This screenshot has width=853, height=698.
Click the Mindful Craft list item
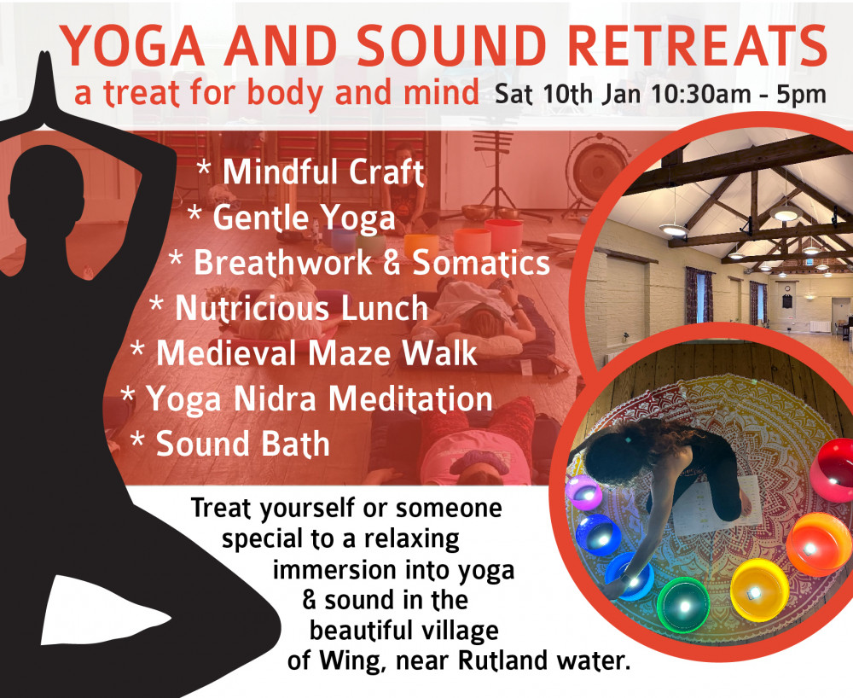[x=322, y=172]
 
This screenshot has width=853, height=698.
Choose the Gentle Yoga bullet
[x=304, y=218]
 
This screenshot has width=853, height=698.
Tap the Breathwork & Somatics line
[x=371, y=263]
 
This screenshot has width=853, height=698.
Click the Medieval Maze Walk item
[x=316, y=353]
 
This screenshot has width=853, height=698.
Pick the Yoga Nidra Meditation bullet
[x=318, y=398]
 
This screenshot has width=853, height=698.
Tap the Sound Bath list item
[x=242, y=444]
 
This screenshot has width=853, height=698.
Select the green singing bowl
[x=682, y=603]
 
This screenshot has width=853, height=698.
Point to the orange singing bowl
[x=819, y=544]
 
